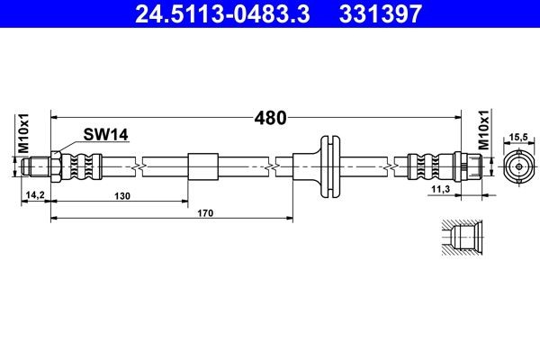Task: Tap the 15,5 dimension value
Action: (517, 138)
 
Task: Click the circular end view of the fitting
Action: (517, 166)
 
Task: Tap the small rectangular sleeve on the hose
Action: (202, 167)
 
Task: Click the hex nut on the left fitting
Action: (56, 166)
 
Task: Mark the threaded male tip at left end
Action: (37, 166)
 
